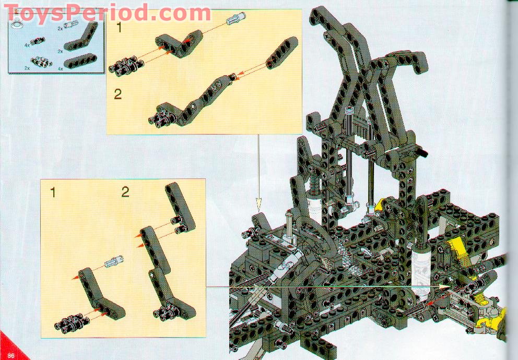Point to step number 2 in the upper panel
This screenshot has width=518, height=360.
click(x=118, y=94)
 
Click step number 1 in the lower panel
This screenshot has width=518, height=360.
click(x=52, y=193)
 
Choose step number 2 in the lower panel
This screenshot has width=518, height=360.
click(x=125, y=193)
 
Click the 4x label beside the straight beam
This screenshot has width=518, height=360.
click(x=60, y=68)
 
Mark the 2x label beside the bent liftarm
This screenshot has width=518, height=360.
click(x=60, y=51)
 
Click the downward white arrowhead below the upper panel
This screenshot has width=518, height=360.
click(x=258, y=201)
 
